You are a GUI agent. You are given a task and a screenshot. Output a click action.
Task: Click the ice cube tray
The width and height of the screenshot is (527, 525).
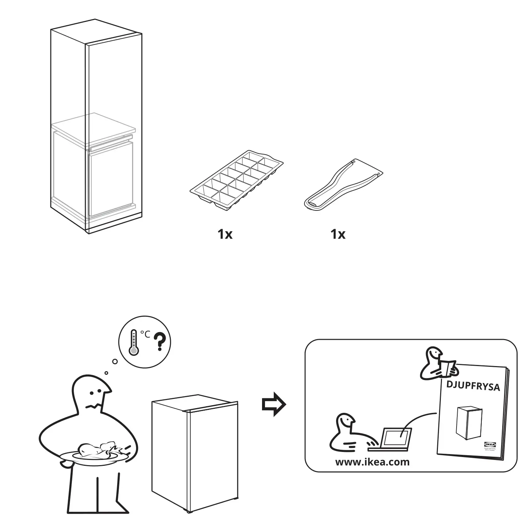tap(236, 180)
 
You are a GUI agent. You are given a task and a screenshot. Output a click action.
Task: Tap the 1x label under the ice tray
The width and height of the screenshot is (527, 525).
tap(225, 234)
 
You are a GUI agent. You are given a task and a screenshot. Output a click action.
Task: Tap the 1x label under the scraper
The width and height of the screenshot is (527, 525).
tap(338, 234)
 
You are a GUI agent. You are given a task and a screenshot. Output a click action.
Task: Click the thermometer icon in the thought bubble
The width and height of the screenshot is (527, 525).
tap(134, 343)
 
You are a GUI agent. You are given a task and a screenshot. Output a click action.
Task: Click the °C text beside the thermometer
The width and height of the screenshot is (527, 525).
tap(145, 334)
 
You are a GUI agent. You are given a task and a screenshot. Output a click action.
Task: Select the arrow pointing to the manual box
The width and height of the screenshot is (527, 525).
tap(274, 405)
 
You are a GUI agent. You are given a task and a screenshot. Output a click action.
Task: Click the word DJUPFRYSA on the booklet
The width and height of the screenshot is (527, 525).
tap(473, 386)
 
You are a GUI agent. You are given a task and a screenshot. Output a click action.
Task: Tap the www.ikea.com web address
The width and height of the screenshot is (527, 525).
tap(372, 462)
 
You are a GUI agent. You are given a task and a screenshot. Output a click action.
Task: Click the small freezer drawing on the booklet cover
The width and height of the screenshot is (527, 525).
tap(469, 424)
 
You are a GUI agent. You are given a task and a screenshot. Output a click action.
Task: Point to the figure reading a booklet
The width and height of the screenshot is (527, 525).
tap(436, 364)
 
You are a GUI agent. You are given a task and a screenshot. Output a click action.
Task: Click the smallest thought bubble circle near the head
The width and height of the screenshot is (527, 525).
tap(106, 373)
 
